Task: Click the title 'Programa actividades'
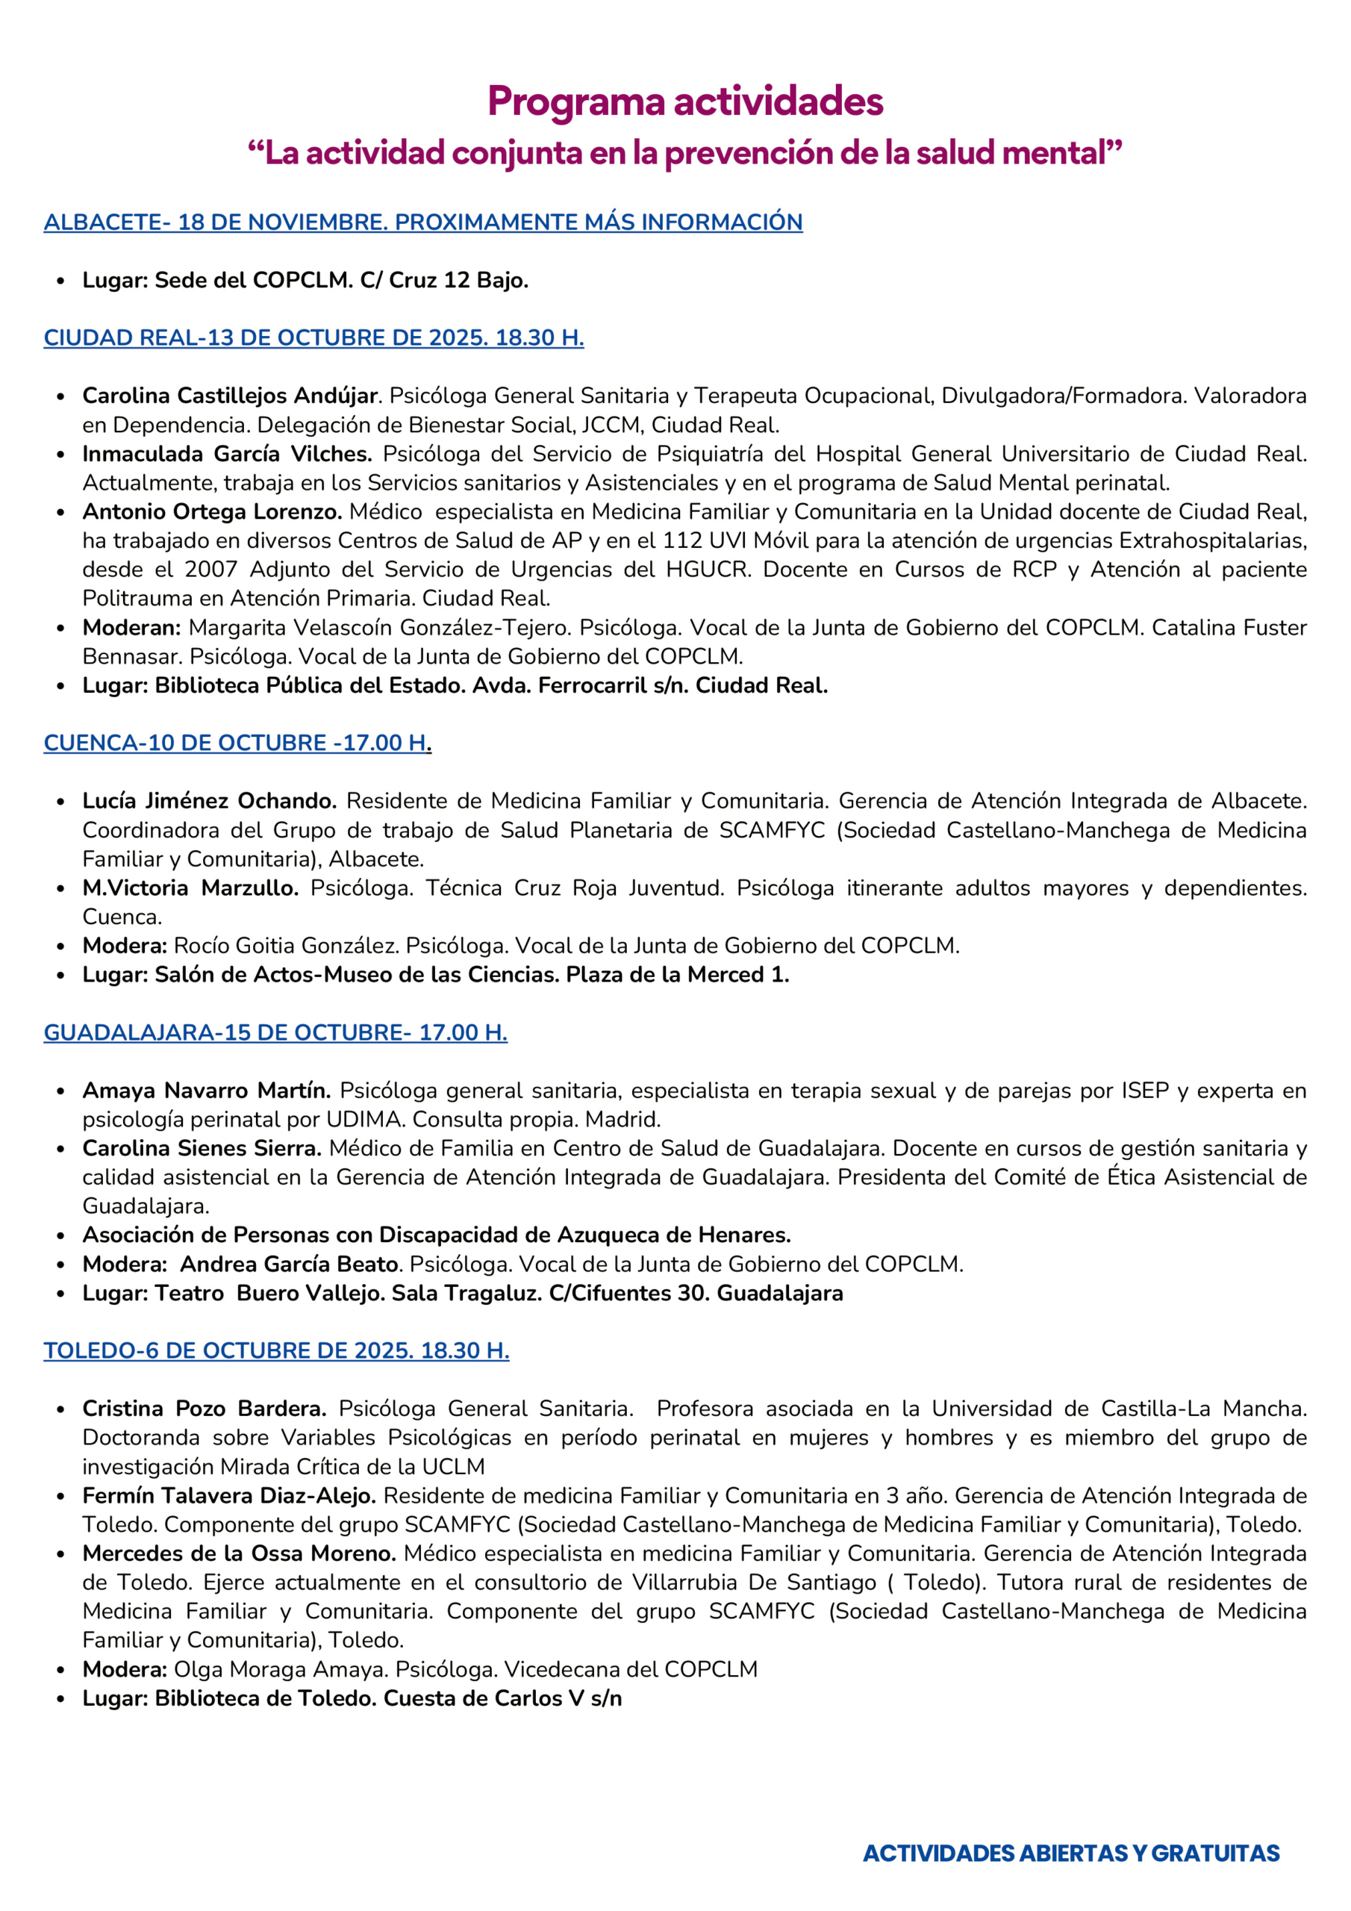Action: [684, 102]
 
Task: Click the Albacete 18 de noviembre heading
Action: [423, 222]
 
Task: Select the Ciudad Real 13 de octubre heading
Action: [313, 338]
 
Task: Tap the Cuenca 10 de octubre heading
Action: [237, 743]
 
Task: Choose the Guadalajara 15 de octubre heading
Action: [275, 1032]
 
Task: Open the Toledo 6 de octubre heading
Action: [276, 1350]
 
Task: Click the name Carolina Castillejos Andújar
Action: [231, 396]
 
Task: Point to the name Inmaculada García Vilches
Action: [226, 454]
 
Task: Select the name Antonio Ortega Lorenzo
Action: [212, 511]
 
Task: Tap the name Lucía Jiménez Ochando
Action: [209, 801]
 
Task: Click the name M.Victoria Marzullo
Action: [190, 888]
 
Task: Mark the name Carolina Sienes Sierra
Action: [202, 1148]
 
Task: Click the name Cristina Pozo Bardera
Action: [204, 1409]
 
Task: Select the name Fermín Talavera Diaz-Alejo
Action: [229, 1496]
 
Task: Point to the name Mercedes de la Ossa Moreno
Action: [239, 1553]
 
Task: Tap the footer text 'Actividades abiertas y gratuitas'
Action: [1070, 1854]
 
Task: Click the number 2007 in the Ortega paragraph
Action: [210, 570]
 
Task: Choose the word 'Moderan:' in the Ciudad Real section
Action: [131, 627]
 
